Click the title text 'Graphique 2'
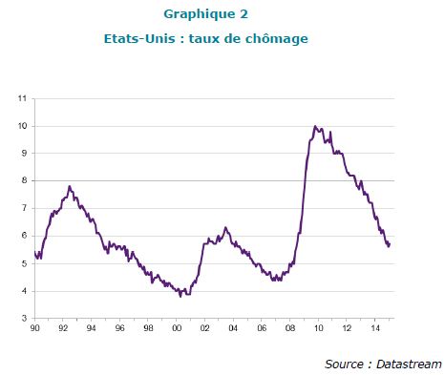(205, 14)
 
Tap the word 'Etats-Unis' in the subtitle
(139, 39)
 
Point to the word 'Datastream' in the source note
(409, 364)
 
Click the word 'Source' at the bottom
(344, 364)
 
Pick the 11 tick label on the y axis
(22, 98)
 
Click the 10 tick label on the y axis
(22, 126)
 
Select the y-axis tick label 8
(24, 180)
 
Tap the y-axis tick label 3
(24, 318)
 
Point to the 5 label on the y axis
(24, 263)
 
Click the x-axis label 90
(34, 328)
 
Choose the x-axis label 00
(177, 328)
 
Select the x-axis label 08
(290, 328)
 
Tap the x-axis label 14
(375, 328)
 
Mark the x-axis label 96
(119, 328)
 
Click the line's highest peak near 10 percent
(315, 126)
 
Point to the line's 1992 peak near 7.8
(70, 186)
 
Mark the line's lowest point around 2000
(180, 297)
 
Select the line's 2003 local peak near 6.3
(225, 227)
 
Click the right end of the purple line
(390, 243)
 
